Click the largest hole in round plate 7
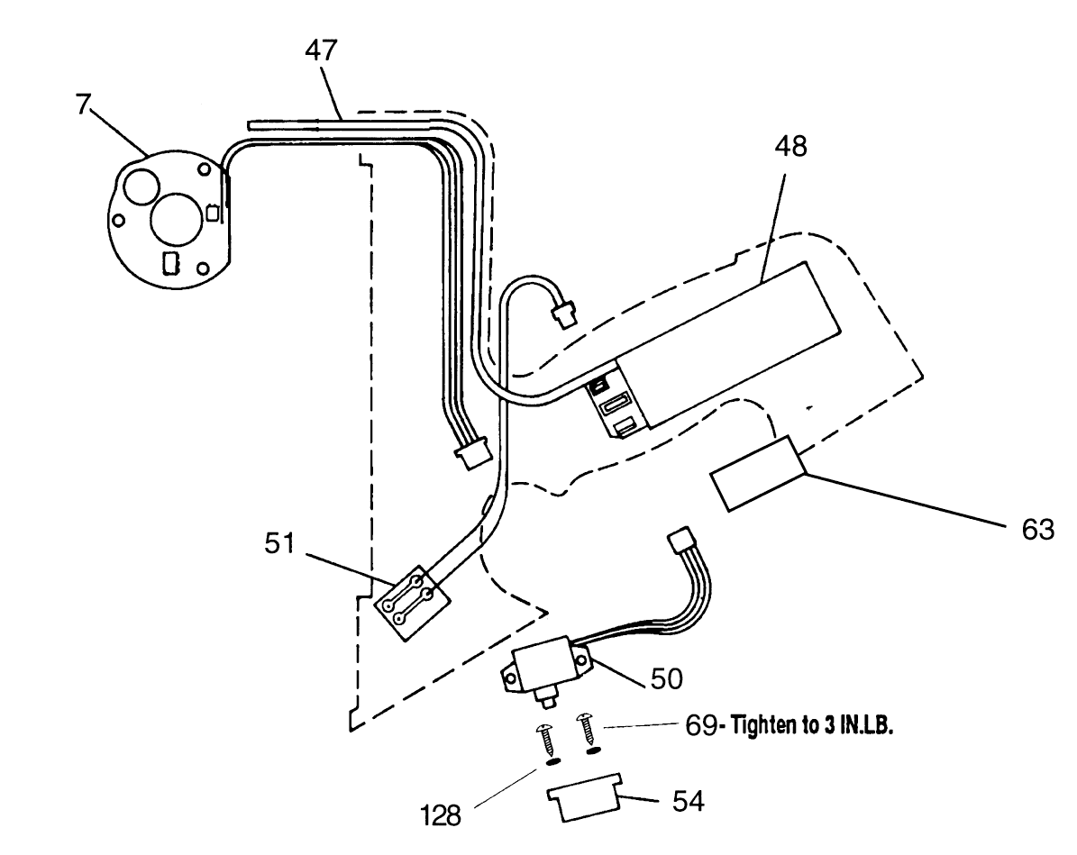click(x=174, y=221)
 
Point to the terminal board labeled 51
click(x=412, y=605)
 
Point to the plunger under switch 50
click(x=546, y=700)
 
